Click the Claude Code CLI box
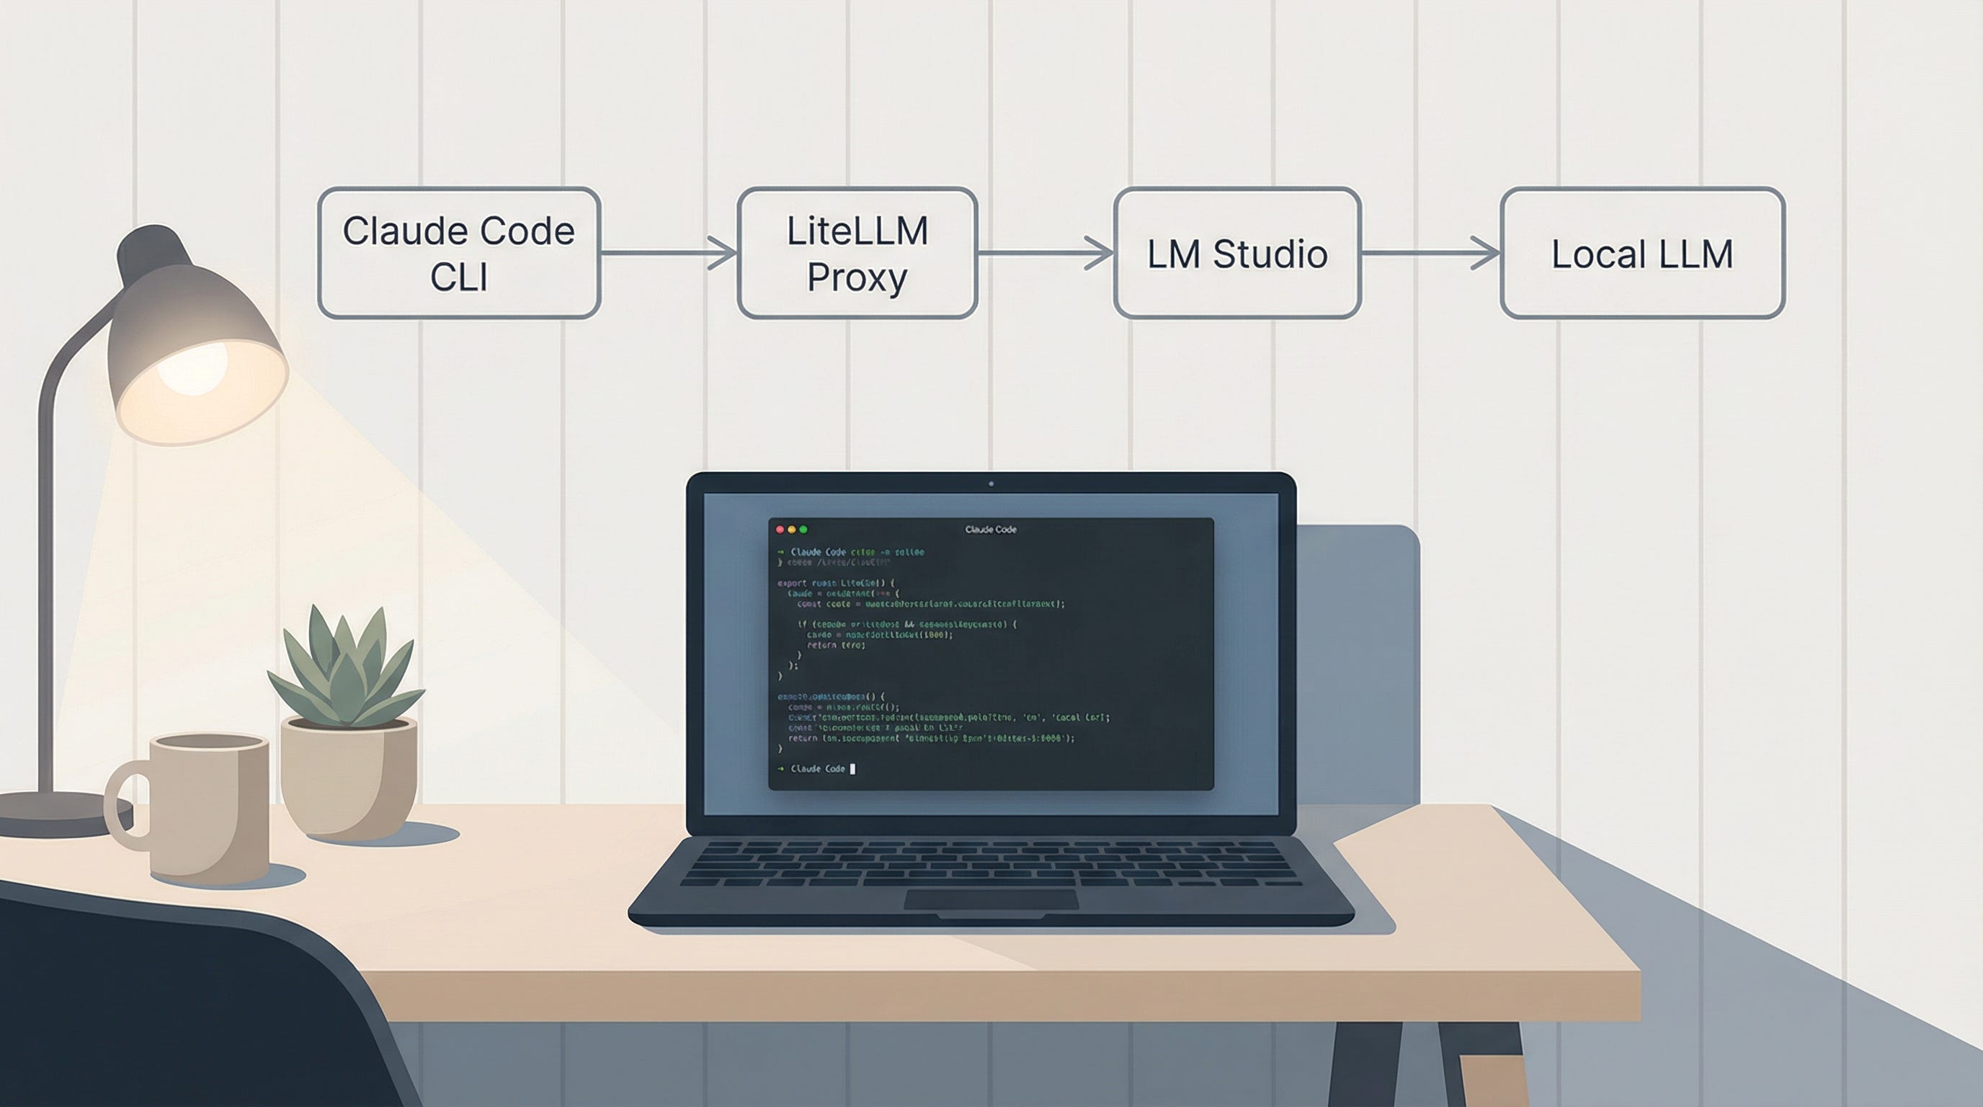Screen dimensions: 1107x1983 pyautogui.click(x=459, y=252)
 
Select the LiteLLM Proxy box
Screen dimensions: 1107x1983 pyautogui.click(x=857, y=252)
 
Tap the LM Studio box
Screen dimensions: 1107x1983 pyautogui.click(x=1237, y=252)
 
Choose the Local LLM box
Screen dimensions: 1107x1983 pyautogui.click(x=1642, y=252)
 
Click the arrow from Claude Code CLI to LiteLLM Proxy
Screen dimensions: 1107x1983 pyautogui.click(x=668, y=252)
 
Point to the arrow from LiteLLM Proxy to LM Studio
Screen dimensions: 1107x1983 pyautogui.click(x=1046, y=252)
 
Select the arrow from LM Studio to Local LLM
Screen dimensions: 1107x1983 pyautogui.click(x=1430, y=252)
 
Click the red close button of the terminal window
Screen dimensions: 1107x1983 pyautogui.click(x=780, y=530)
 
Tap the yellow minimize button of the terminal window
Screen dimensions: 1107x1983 pyautogui.click(x=791, y=530)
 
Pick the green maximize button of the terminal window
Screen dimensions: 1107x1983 pyautogui.click(x=803, y=530)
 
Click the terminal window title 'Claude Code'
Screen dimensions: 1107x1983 pyautogui.click(x=991, y=530)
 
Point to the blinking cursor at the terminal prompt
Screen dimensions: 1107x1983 pyautogui.click(x=852, y=768)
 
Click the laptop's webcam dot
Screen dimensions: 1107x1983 pyautogui.click(x=991, y=484)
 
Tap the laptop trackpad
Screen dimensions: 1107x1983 pyautogui.click(x=991, y=899)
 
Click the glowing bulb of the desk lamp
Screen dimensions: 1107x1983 pyautogui.click(x=192, y=368)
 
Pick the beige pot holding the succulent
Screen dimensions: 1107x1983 pyautogui.click(x=348, y=778)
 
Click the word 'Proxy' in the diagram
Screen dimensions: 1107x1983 pyautogui.click(x=857, y=277)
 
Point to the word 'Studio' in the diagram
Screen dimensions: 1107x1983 pyautogui.click(x=1270, y=254)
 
